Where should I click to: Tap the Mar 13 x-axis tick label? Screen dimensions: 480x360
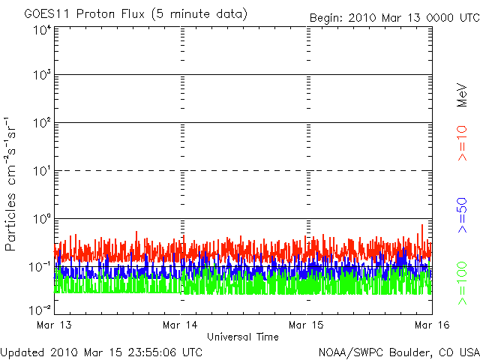(54, 325)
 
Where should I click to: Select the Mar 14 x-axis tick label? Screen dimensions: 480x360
(180, 325)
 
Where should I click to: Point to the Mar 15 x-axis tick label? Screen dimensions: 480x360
(306, 325)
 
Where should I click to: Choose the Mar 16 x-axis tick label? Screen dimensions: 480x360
(432, 325)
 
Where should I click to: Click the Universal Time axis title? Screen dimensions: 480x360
(243, 337)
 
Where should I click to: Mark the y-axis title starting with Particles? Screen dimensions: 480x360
(10, 184)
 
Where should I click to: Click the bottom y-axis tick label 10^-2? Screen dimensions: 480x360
(40, 310)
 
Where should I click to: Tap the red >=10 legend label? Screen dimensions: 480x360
(462, 143)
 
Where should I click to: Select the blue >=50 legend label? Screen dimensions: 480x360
(462, 215)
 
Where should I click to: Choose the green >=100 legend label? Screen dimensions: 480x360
(462, 283)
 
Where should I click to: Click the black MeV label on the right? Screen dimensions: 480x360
(462, 95)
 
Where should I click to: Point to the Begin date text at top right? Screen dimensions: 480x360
(394, 18)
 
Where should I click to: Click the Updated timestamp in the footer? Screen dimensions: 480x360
(101, 352)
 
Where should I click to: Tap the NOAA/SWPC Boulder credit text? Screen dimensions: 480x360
(399, 352)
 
